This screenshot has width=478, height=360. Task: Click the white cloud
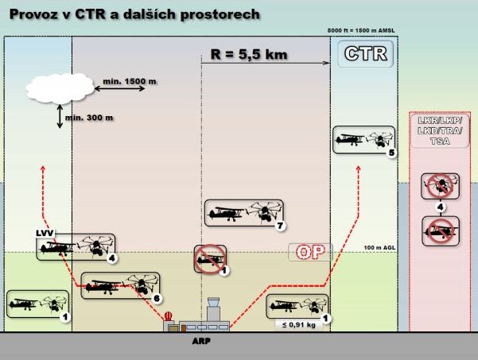(60, 88)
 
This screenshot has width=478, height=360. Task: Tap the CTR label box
(366, 53)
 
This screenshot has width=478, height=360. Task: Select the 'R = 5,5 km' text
(249, 55)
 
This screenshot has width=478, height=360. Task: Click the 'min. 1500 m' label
(130, 81)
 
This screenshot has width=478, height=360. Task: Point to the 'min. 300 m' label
(89, 118)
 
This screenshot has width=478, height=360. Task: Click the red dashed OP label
(310, 252)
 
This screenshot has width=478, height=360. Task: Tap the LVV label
(45, 234)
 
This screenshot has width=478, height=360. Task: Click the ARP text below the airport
(201, 341)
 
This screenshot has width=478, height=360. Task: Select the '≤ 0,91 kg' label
(299, 325)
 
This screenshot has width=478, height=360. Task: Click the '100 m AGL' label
(379, 248)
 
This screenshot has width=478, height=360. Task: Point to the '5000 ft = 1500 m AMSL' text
(361, 30)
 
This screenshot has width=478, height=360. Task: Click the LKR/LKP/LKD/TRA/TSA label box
(440, 131)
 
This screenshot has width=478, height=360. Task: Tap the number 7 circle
(280, 226)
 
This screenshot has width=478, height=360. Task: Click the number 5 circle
(392, 153)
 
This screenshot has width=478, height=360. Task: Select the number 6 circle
(157, 298)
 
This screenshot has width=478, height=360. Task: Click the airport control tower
(213, 310)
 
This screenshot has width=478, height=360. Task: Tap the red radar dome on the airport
(168, 316)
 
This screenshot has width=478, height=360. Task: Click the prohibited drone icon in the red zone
(440, 186)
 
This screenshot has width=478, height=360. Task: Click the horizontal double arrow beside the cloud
(119, 89)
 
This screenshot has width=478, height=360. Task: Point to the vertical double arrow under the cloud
(60, 116)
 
